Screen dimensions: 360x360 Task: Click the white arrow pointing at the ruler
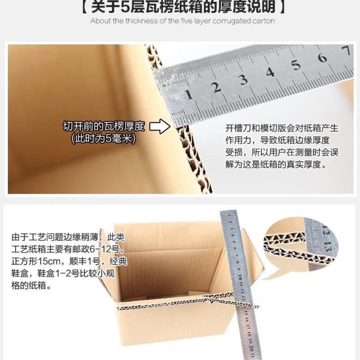160,126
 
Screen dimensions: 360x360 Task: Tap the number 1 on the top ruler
189,95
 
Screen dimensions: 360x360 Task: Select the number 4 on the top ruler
270,72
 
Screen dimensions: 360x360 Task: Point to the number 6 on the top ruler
322,58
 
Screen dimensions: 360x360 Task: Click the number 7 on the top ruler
345,50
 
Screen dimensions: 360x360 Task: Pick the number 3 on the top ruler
243,79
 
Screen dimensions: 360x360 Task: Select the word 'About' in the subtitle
100,21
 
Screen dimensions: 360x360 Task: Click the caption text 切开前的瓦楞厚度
104,126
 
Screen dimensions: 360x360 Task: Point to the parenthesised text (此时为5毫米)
104,138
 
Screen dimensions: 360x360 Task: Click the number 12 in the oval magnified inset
326,229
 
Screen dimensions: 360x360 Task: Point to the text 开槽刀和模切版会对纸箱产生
282,128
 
